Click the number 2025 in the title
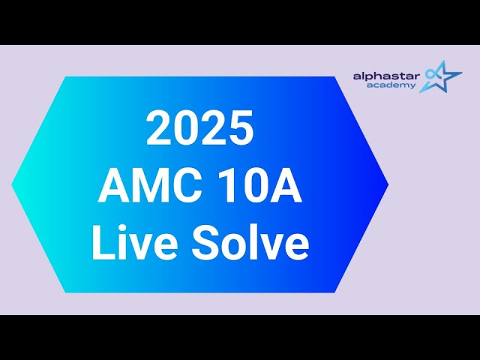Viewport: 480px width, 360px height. point(199,128)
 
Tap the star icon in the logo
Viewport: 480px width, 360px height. point(441,76)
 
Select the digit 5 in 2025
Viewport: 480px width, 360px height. point(241,128)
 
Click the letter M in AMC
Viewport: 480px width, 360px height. point(145,187)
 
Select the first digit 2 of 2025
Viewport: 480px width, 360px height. point(159,128)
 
